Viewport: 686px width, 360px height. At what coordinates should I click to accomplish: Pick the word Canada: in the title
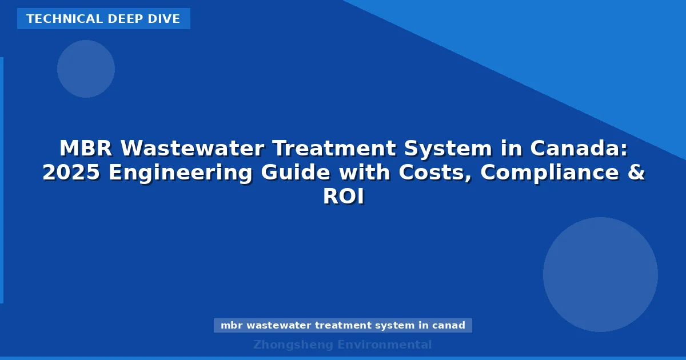579,149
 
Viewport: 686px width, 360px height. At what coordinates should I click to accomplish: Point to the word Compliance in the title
548,173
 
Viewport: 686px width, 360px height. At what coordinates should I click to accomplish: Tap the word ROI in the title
343,197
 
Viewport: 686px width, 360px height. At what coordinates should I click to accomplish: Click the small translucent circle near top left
86,69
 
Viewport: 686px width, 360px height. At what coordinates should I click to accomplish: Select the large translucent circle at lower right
600,274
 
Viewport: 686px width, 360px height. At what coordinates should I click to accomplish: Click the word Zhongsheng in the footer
293,345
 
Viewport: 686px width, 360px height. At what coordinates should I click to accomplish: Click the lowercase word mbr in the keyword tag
232,325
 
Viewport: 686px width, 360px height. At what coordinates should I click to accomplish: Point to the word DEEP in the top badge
126,19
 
